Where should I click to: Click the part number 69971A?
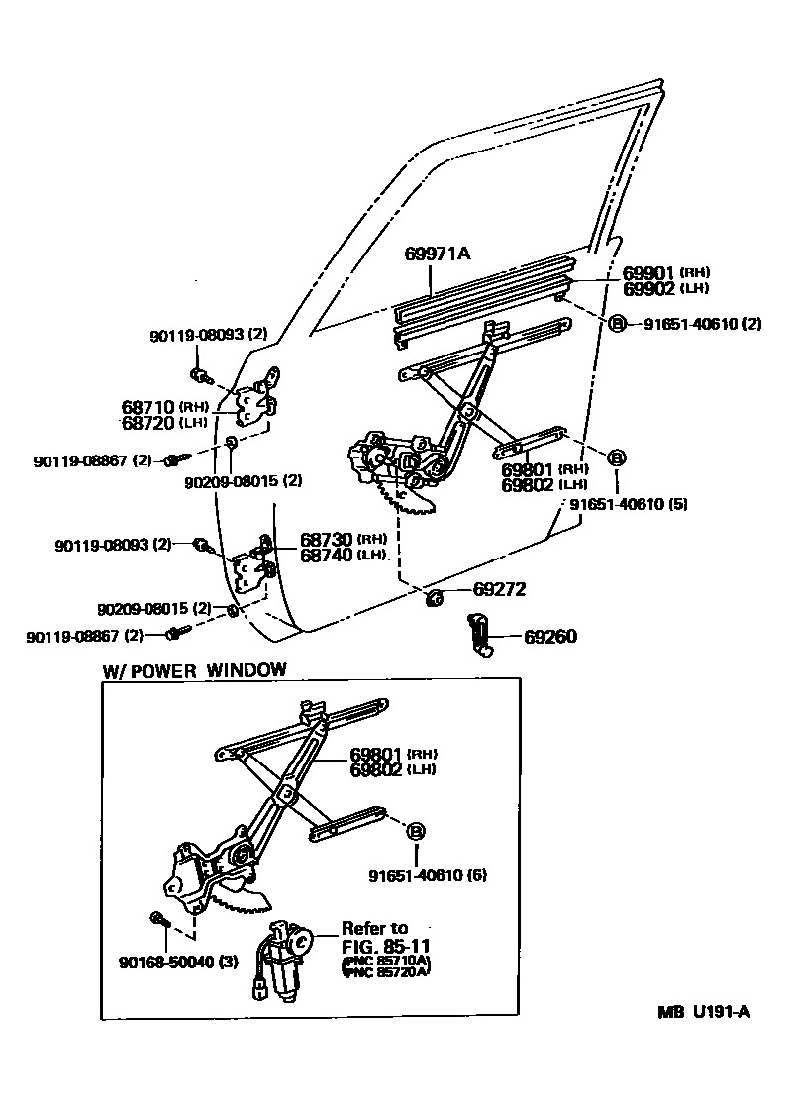tap(437, 254)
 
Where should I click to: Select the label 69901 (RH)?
tap(666, 272)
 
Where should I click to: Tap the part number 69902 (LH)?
tap(665, 288)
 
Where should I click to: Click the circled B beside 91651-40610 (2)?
tap(616, 324)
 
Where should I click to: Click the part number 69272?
tap(499, 589)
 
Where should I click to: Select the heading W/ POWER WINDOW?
tap(195, 669)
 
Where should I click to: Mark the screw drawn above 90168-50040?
tap(159, 920)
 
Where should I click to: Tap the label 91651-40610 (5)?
tap(628, 503)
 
